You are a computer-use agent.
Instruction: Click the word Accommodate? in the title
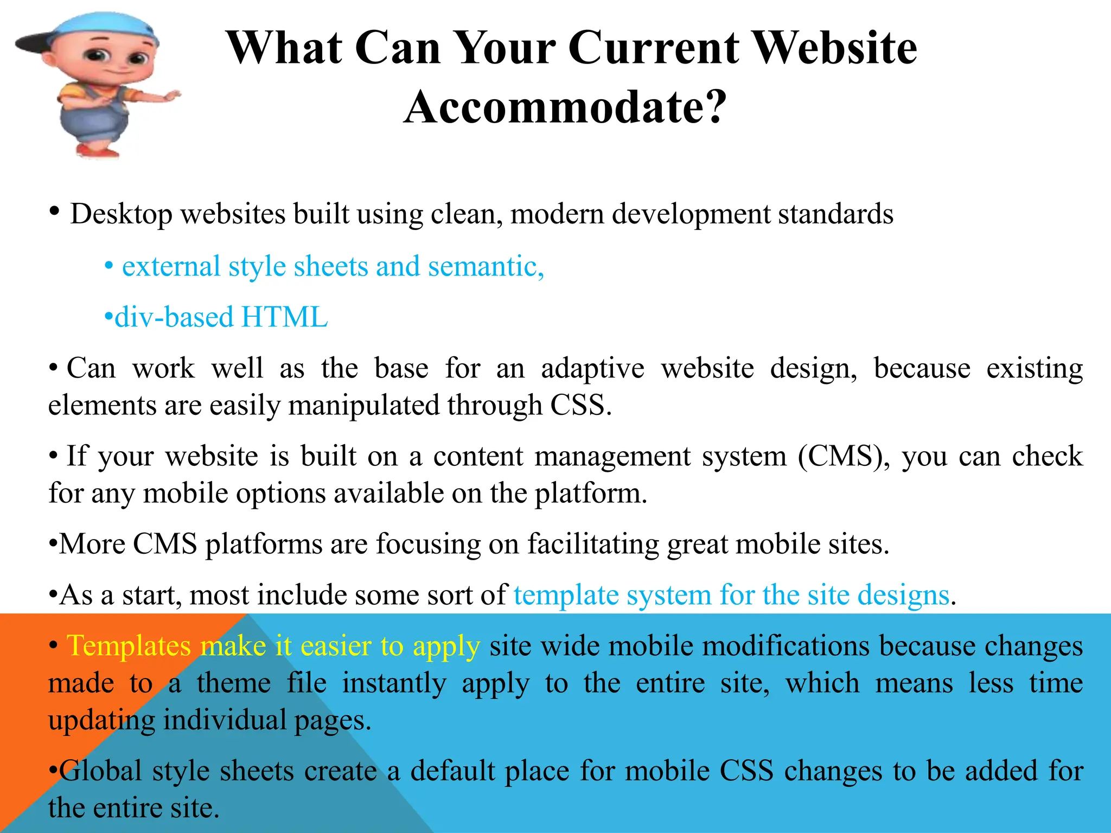click(564, 106)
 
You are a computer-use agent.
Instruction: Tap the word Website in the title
click(835, 48)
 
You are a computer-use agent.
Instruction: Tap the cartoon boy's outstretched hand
click(170, 97)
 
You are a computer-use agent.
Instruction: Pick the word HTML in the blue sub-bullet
click(284, 317)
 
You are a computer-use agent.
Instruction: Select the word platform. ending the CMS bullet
click(591, 494)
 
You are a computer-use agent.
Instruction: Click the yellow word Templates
click(129, 646)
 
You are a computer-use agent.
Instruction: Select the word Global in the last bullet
click(101, 771)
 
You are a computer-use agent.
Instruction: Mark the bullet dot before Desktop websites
click(54, 211)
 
